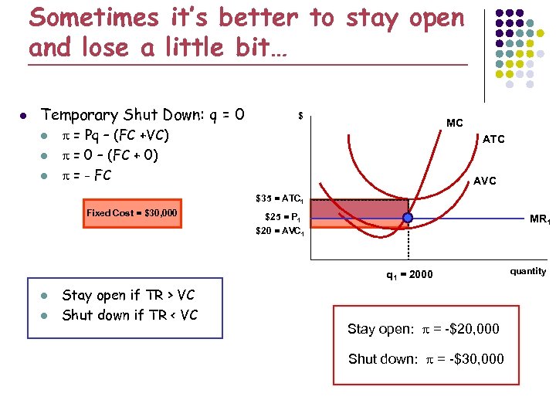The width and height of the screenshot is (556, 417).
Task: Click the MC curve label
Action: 455,123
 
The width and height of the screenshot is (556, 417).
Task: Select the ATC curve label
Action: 493,139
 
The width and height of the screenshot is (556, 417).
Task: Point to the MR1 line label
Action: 539,219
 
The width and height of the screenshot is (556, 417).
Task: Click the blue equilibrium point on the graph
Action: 408,219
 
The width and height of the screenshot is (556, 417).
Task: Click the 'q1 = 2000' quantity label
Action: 409,275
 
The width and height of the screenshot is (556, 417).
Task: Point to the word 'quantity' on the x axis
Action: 528,271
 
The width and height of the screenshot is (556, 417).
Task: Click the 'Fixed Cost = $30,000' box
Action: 131,213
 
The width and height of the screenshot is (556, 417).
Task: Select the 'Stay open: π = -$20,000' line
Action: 423,329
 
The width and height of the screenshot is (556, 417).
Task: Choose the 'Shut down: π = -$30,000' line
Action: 425,358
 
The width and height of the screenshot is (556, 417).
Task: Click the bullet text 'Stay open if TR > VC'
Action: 128,295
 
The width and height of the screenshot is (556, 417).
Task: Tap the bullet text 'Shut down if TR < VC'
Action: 130,315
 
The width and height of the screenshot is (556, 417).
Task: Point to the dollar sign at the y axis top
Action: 300,117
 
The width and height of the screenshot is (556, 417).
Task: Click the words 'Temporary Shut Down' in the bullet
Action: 113,115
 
